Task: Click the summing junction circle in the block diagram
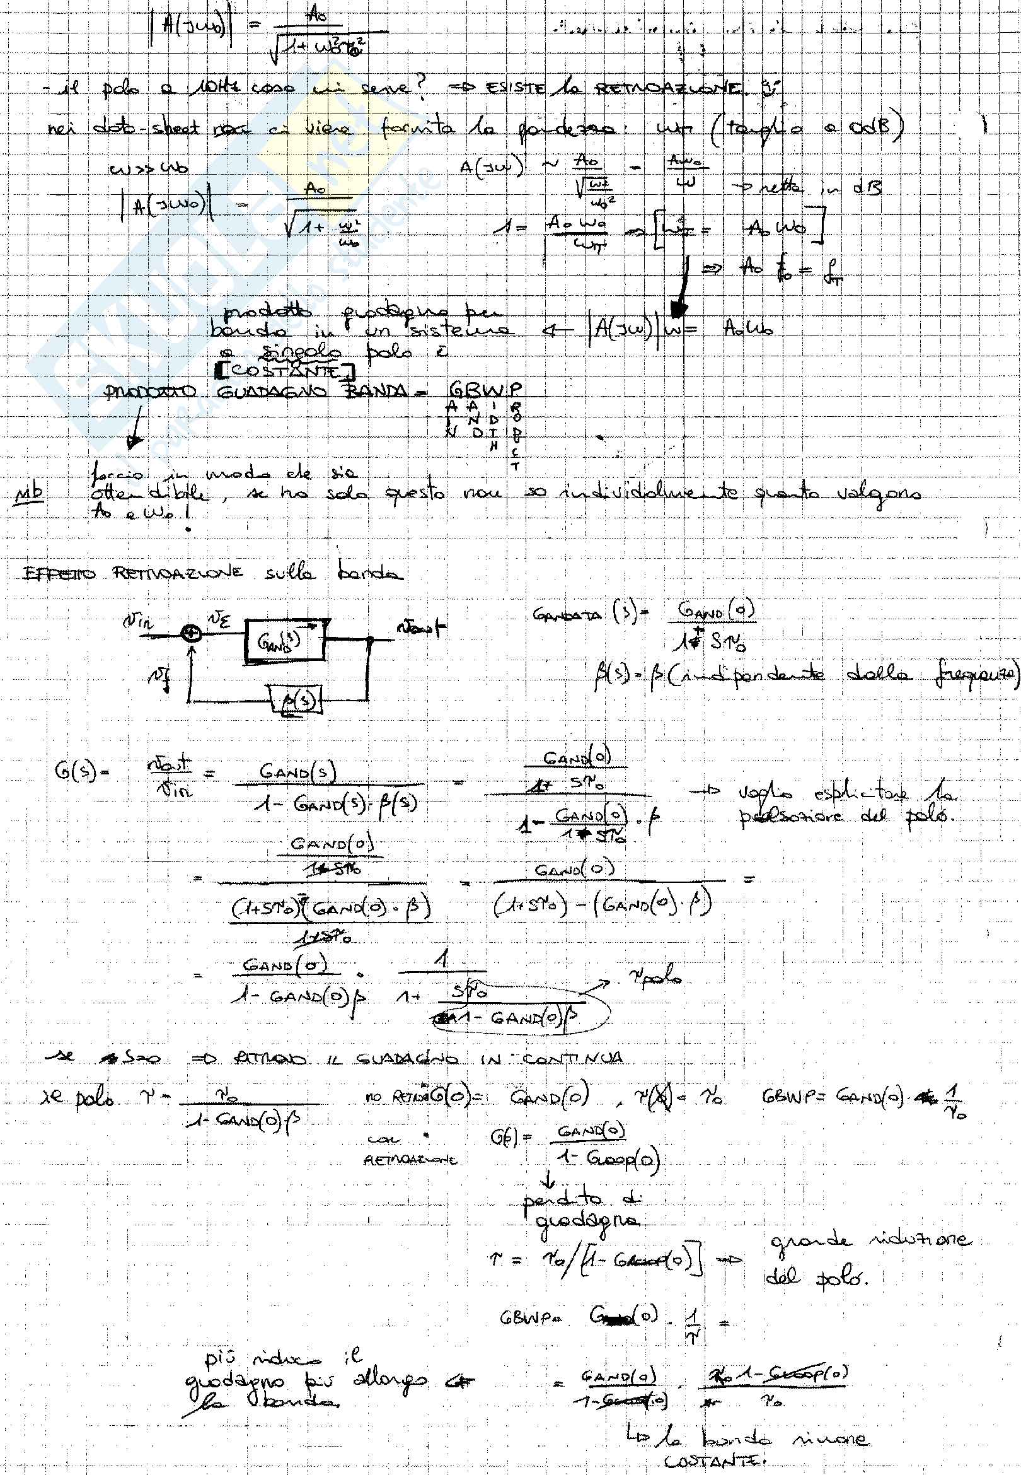(190, 634)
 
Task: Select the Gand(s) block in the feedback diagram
(284, 642)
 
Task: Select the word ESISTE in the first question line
(514, 88)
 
